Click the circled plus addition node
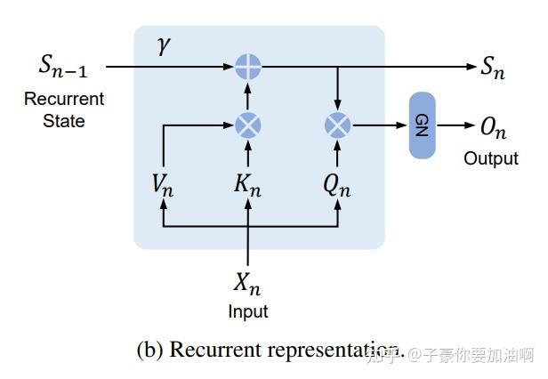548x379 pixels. click(247, 66)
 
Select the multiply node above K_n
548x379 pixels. click(247, 125)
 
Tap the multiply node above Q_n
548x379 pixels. click(337, 125)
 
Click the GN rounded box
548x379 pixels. click(422, 125)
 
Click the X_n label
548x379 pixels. click(247, 284)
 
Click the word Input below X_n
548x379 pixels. click(247, 311)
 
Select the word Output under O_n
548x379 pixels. click(490, 158)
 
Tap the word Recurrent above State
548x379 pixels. click(63, 99)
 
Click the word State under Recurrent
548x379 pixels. click(63, 120)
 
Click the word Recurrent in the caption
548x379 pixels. click(211, 350)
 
